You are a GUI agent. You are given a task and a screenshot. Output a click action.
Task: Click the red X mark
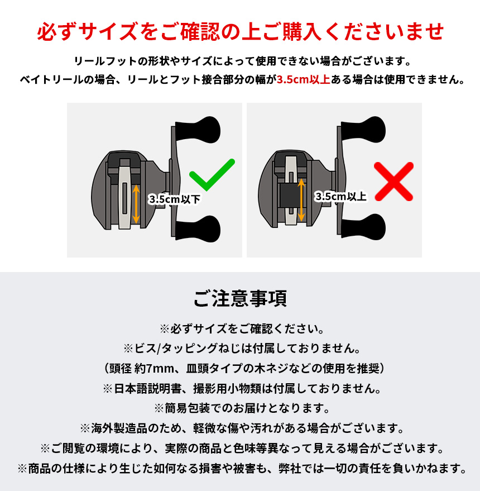393,182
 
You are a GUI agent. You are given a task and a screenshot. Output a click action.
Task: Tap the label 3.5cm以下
174,199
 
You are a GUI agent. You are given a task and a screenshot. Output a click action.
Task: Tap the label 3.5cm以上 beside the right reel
341,197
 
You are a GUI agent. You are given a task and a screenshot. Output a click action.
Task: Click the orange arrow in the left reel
136,204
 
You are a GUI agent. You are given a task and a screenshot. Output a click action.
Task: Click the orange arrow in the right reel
301,200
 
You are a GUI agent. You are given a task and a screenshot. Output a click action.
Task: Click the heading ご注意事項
240,298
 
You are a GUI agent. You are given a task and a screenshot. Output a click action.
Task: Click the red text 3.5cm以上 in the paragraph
304,79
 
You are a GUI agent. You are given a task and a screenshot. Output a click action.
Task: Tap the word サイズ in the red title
108,32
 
